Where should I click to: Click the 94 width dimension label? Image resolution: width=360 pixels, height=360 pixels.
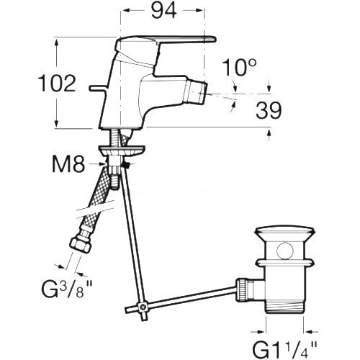click(x=164, y=11)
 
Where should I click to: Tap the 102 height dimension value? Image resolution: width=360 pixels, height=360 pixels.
click(x=57, y=84)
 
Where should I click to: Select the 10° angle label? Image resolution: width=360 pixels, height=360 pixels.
click(x=239, y=68)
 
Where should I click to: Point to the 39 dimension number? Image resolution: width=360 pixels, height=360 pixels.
click(x=269, y=110)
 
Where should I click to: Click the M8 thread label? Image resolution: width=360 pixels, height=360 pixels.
click(x=68, y=165)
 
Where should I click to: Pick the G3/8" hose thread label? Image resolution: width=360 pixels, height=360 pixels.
click(x=66, y=289)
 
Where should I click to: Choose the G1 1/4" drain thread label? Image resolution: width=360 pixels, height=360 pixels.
click(x=284, y=350)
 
